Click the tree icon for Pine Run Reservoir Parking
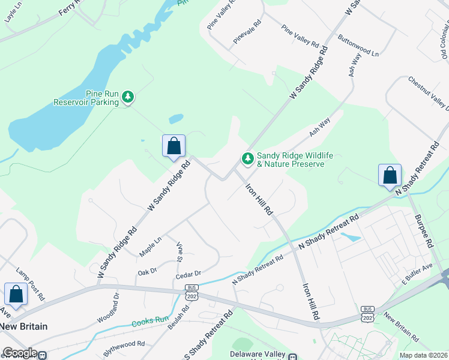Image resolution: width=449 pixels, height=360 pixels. pos(127,96)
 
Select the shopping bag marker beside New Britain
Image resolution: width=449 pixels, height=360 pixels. pos(16,295)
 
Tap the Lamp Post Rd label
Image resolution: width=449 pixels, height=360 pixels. pos(31,284)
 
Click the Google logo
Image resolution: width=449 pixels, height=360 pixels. pos(19,353)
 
